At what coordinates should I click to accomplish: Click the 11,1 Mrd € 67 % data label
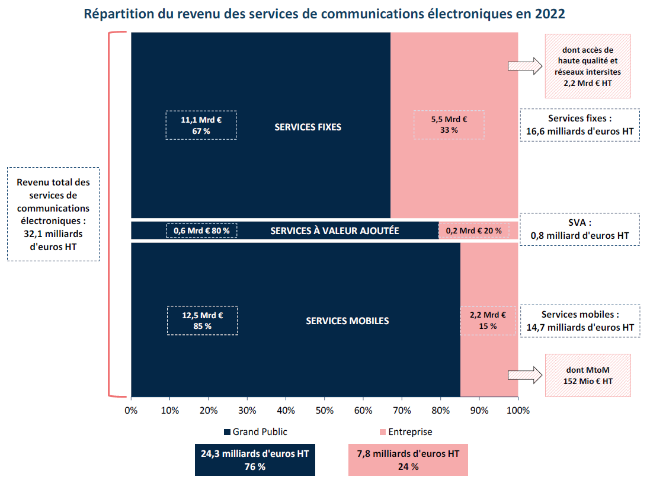coord(201,125)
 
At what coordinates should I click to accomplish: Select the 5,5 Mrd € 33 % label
coord(449,125)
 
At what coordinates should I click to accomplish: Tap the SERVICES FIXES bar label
coord(308,127)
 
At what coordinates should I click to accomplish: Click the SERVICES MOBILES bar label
coord(347,321)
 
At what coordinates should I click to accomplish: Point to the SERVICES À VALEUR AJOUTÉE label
coord(334,231)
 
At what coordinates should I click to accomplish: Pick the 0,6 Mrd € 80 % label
coord(201,231)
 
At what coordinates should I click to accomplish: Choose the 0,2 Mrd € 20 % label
coord(473,231)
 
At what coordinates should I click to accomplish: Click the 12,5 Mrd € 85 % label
coord(202,321)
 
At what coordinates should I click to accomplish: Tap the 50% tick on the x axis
coord(325,409)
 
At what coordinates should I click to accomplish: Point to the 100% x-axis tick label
coord(518,409)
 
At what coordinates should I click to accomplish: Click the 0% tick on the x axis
coord(131,409)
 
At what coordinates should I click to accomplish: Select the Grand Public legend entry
coord(255,432)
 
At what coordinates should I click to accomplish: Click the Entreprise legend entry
coord(405,432)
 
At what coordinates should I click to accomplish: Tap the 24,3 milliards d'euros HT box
coord(255,460)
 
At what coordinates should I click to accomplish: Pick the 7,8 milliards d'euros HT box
coord(408,460)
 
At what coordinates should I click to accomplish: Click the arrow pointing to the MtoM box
coord(525,375)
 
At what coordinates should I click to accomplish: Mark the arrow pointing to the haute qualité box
coord(525,66)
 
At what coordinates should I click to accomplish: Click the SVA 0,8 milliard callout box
coord(579,229)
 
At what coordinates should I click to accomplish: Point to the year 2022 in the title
coord(549,14)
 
